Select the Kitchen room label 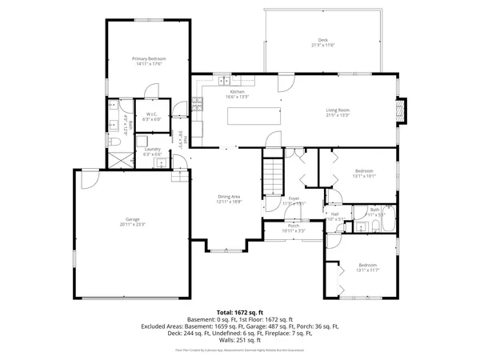pyautogui.click(x=238, y=92)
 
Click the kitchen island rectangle pyautogui.click(x=254, y=116)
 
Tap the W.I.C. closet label pyautogui.click(x=150, y=114)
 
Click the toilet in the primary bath pyautogui.click(x=114, y=142)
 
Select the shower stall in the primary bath pyautogui.click(x=120, y=158)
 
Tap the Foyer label pyautogui.click(x=294, y=198)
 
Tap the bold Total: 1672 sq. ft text pyautogui.click(x=239, y=311)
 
